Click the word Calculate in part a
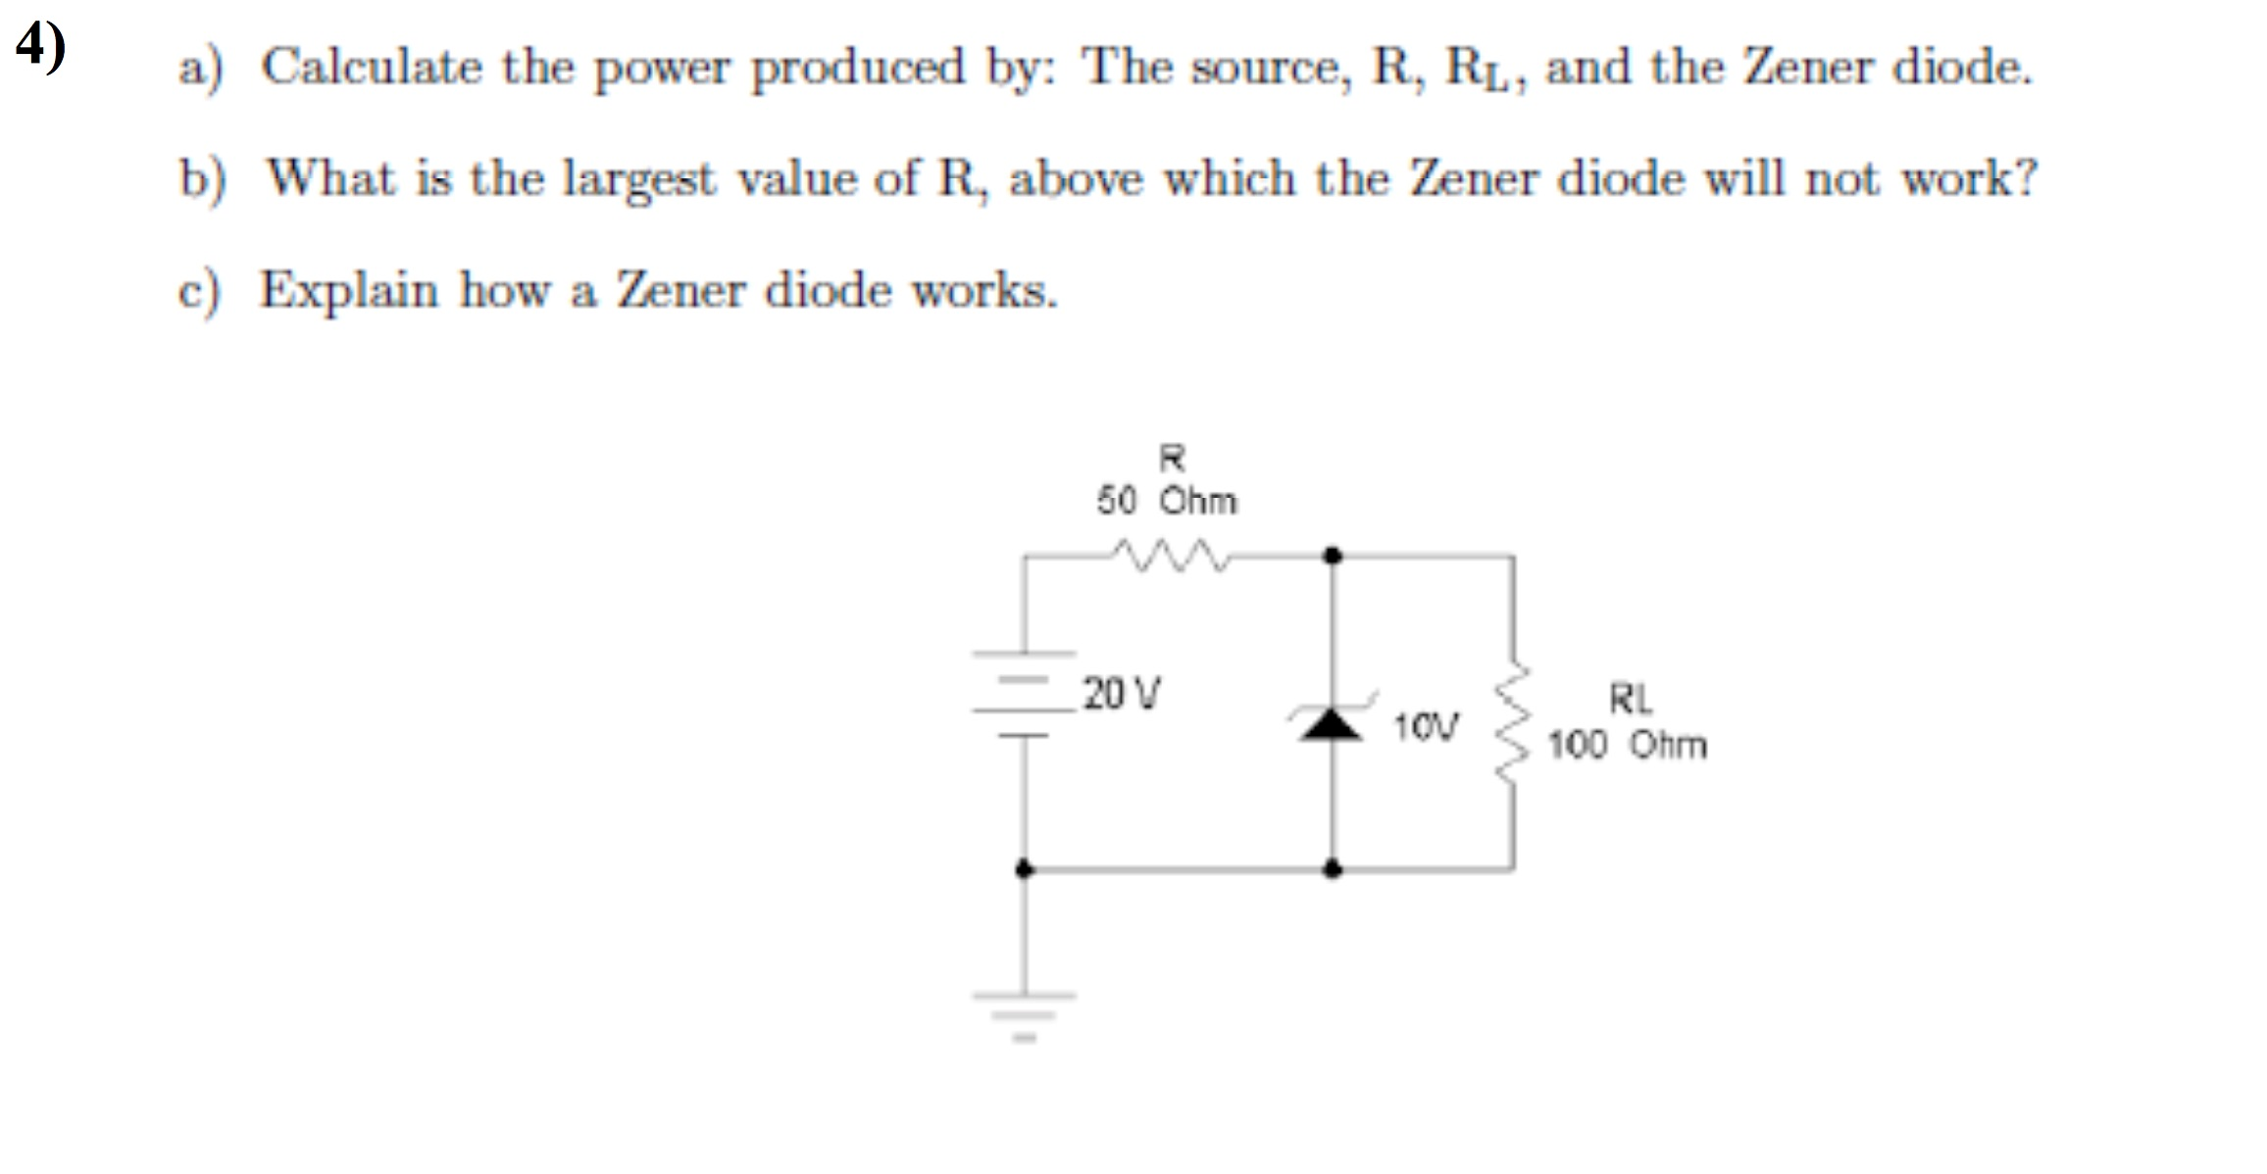tap(372, 68)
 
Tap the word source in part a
tap(1271, 68)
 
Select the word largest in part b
tap(638, 180)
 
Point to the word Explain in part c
tap(348, 290)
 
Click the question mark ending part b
tap(2021, 178)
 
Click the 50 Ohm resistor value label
tap(1166, 501)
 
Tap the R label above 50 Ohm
tap(1172, 458)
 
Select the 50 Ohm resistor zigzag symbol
tap(1171, 557)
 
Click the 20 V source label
tap(1122, 694)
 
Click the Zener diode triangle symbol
tap(1331, 724)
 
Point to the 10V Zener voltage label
tap(1426, 727)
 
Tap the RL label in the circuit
tap(1630, 700)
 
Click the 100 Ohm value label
tap(1627, 746)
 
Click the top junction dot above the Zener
tap(1332, 556)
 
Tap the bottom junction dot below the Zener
tap(1332, 869)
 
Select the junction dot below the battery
tap(1025, 869)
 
